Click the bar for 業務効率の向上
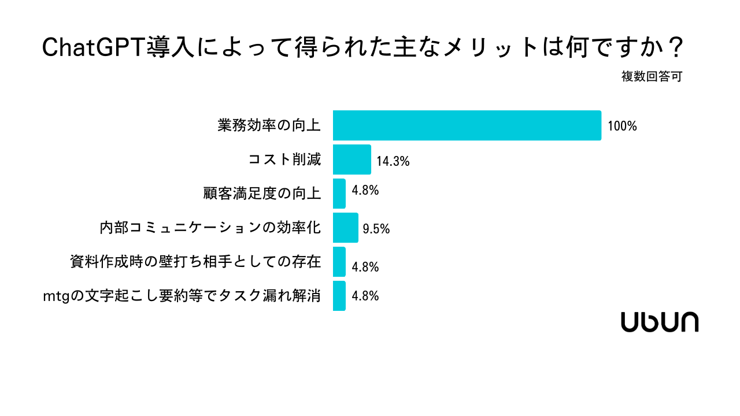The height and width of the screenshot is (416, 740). pos(467,125)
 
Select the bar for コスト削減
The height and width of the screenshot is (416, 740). pos(351,159)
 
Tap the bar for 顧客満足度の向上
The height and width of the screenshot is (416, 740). pos(339,194)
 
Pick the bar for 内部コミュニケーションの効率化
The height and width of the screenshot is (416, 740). pos(345,228)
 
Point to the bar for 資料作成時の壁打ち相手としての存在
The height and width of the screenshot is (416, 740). pos(339,262)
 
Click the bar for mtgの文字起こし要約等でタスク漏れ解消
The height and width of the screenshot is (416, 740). pos(339,296)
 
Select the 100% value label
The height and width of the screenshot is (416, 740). pos(622,126)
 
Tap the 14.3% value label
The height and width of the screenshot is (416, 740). pos(393,162)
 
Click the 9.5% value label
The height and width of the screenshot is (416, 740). pos(376,229)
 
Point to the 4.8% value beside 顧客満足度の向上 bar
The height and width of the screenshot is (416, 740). pos(365,190)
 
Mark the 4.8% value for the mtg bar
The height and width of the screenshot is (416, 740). pos(365,296)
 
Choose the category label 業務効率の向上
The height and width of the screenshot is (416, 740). pos(269,125)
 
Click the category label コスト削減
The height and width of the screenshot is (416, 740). pos(284,159)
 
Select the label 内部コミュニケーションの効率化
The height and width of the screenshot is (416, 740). pos(210,228)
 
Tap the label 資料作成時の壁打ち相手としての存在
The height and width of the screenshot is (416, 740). pos(195,262)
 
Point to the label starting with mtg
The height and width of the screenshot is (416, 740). pos(182,296)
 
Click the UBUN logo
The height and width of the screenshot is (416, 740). pos(660,322)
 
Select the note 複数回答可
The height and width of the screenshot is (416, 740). pos(652,77)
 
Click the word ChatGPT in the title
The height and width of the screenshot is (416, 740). pos(92,48)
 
